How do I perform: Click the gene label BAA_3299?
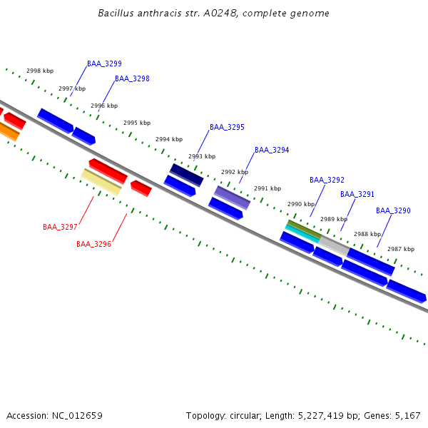pyautogui.click(x=104, y=63)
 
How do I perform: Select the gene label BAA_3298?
pyautogui.click(x=132, y=78)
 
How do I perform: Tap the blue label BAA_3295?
pyautogui.click(x=227, y=127)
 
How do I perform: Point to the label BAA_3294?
pyautogui.click(x=272, y=150)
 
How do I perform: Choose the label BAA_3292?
pyautogui.click(x=327, y=180)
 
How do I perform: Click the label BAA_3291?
pyautogui.click(x=357, y=194)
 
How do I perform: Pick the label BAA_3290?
pyautogui.click(x=393, y=210)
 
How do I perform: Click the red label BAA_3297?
pyautogui.click(x=60, y=227)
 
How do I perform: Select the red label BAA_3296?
pyautogui.click(x=93, y=244)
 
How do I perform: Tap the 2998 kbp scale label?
pyautogui.click(x=40, y=71)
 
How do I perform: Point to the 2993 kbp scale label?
pyautogui.click(x=202, y=156)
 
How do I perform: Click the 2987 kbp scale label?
pyautogui.click(x=401, y=249)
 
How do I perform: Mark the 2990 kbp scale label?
pyautogui.click(x=301, y=204)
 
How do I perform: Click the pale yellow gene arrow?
pyautogui.click(x=101, y=181)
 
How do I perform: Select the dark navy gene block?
pyautogui.click(x=186, y=175)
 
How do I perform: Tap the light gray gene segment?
pyautogui.click(x=334, y=246)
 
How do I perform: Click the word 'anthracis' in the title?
pyautogui.click(x=155, y=14)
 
